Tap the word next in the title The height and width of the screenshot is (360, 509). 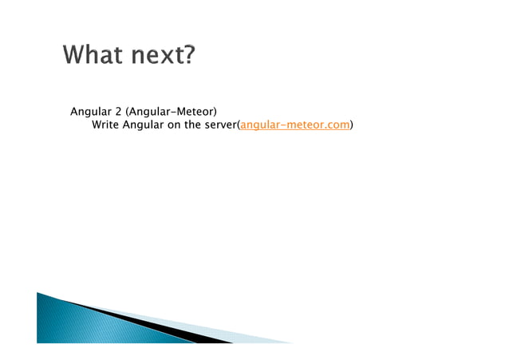click(154, 57)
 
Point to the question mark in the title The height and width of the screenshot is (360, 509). click(189, 57)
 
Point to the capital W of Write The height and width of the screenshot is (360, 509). click(97, 125)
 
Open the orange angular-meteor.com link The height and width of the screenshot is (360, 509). click(294, 125)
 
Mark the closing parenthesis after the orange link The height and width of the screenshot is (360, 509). click(353, 125)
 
